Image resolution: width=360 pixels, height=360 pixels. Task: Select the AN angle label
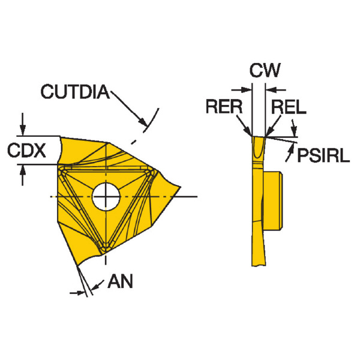pos(122,281)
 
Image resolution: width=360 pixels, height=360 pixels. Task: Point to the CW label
pos(265,71)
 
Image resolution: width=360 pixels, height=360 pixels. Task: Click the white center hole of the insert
pos(106,196)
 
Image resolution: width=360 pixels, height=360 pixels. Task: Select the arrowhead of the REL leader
pos(266,134)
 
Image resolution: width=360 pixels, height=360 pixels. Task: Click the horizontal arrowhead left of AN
pos(79,292)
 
